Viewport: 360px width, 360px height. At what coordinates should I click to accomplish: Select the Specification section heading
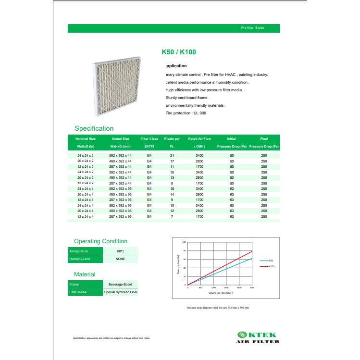coord(94,128)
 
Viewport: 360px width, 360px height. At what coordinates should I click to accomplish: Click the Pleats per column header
coord(172,139)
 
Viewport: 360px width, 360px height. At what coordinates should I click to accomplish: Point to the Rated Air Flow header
coord(199,139)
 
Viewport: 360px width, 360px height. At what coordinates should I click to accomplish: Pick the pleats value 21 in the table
coord(172,156)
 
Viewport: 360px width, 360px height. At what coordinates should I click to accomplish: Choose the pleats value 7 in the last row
coord(172,217)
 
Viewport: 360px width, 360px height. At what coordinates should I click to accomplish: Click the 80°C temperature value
coord(120,251)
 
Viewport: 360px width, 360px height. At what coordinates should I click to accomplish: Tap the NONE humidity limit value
coord(120,259)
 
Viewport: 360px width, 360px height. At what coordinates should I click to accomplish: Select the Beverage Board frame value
coord(120,285)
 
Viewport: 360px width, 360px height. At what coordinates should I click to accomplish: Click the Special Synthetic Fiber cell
coord(120,292)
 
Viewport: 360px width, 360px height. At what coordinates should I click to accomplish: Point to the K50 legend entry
coord(271,261)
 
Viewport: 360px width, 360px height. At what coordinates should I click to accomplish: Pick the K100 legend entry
coord(272,266)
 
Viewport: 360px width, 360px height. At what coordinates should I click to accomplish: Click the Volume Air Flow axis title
coord(221,292)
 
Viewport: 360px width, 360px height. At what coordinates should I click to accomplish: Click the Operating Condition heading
coord(100,241)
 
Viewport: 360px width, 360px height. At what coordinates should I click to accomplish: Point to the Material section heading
coord(85,274)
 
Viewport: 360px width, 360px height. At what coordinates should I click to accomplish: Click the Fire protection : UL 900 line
coord(186,113)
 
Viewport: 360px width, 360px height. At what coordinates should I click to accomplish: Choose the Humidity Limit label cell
coord(85,259)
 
